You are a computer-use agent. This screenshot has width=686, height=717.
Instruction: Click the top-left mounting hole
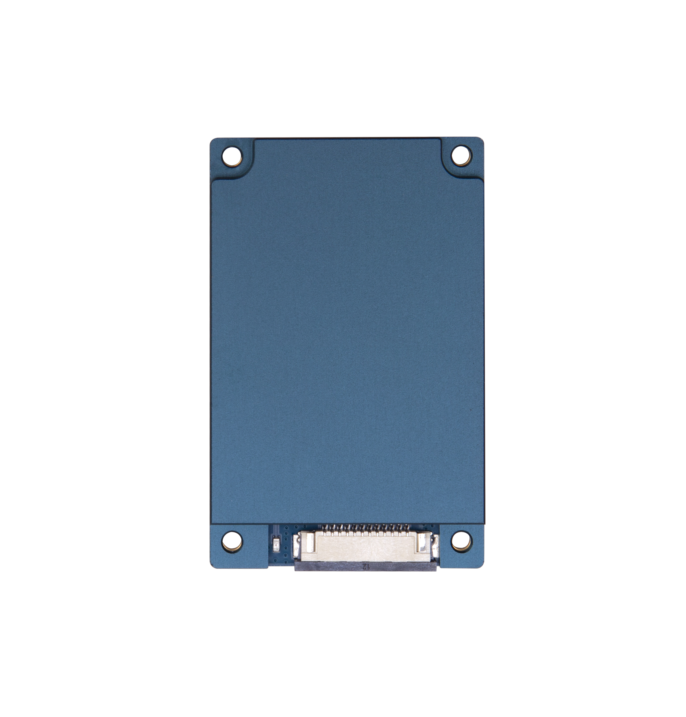pos(232,156)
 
